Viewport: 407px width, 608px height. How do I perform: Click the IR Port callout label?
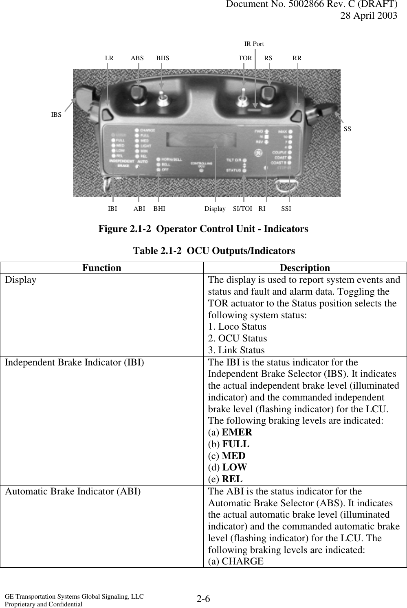(254, 44)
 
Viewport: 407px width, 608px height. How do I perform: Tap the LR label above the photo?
(109, 58)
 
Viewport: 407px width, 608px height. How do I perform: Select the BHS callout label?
(163, 58)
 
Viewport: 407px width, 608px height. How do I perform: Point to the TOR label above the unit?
(245, 58)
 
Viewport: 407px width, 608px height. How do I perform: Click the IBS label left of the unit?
(56, 115)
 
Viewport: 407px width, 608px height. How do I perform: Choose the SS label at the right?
(347, 129)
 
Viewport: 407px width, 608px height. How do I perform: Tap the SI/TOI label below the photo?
(242, 209)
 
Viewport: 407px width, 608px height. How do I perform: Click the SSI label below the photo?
(286, 209)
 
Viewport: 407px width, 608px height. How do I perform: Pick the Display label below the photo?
(215, 209)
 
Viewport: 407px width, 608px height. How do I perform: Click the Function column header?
(101, 268)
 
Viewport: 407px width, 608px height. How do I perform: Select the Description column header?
(305, 268)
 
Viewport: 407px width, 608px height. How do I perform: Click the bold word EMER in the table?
(237, 432)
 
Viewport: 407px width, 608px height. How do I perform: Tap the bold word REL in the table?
(232, 479)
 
